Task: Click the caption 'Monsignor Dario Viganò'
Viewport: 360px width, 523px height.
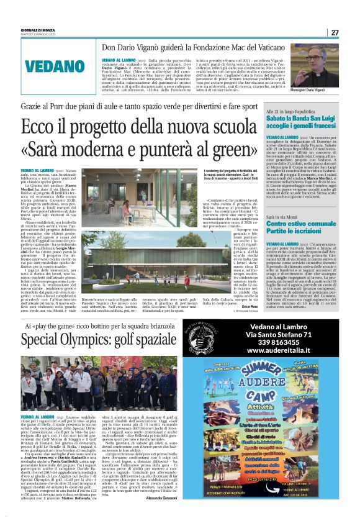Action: click(x=320, y=90)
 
